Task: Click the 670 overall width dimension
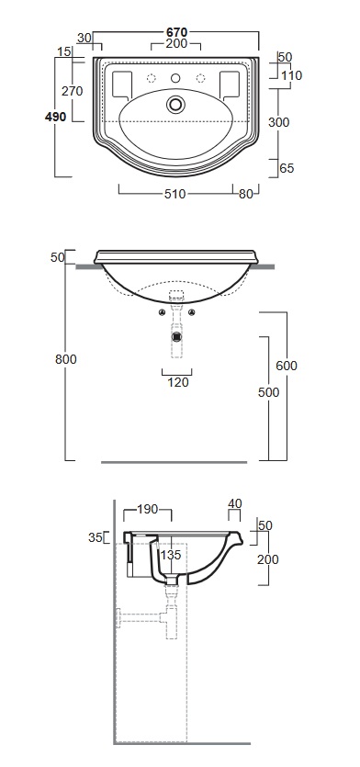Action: [176, 32]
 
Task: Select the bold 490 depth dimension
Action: [55, 117]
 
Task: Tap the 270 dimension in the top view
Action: [73, 91]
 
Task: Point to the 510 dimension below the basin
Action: [174, 194]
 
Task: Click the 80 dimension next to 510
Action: [246, 194]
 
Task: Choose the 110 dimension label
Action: [292, 76]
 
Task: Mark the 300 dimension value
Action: [279, 122]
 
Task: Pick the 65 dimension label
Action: [287, 168]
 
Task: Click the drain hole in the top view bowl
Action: [176, 104]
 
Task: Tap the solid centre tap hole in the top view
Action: [176, 78]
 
